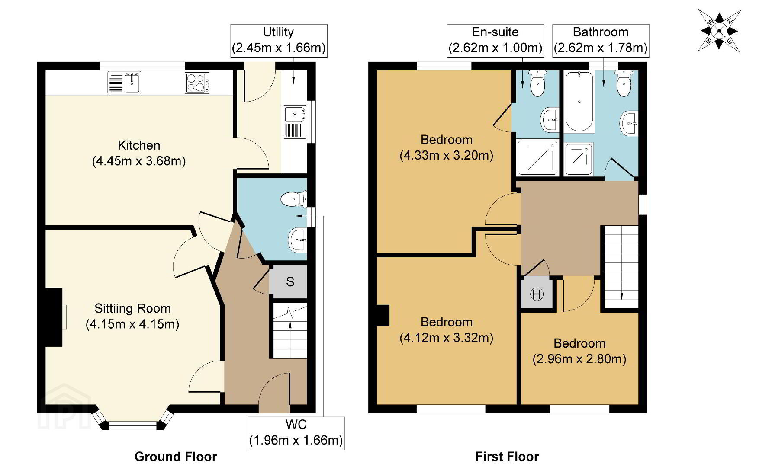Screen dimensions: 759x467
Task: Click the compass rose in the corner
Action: point(719,31)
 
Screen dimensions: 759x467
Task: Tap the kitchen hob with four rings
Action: point(197,83)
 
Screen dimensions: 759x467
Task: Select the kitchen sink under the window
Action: point(125,83)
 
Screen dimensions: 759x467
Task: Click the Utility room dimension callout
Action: point(279,40)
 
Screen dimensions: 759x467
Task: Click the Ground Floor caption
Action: point(176,456)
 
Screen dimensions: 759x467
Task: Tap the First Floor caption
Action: point(507,456)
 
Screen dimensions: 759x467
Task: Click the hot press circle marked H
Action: point(537,295)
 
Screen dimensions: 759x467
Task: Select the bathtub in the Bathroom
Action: point(579,102)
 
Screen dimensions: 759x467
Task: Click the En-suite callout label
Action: point(495,40)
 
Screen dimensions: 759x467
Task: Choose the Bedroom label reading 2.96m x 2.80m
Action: point(579,351)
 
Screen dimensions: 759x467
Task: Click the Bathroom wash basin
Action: point(629,124)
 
